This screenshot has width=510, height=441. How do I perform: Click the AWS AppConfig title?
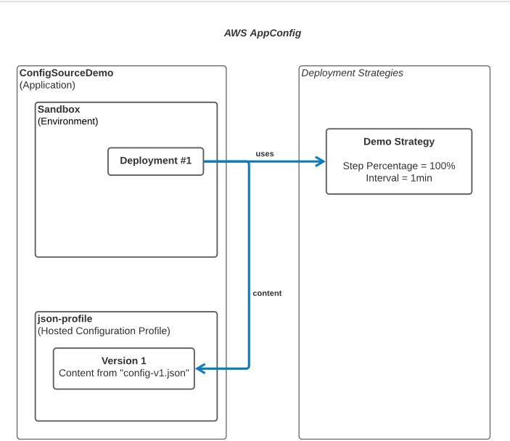(263, 33)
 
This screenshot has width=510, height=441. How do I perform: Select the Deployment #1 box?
(155, 161)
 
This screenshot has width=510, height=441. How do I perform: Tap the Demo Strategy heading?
(398, 142)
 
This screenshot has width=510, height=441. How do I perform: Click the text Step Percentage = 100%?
(398, 166)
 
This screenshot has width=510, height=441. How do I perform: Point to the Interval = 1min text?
(398, 178)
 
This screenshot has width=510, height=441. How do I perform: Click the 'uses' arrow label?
(264, 153)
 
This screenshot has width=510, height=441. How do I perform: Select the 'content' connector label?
(267, 294)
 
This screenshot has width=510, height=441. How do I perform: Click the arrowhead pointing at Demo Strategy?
(320, 161)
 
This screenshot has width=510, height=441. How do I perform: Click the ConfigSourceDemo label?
(66, 73)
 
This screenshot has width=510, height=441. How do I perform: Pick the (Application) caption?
(47, 85)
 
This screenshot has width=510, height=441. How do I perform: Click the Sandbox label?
(59, 110)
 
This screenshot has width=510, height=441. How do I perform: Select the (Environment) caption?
(67, 121)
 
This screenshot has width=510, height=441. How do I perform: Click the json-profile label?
(65, 319)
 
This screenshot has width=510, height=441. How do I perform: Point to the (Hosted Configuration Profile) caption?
(104, 331)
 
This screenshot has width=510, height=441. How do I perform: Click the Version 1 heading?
(123, 360)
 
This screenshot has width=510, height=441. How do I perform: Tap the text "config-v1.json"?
(155, 373)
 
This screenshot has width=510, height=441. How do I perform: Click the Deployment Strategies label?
(352, 73)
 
